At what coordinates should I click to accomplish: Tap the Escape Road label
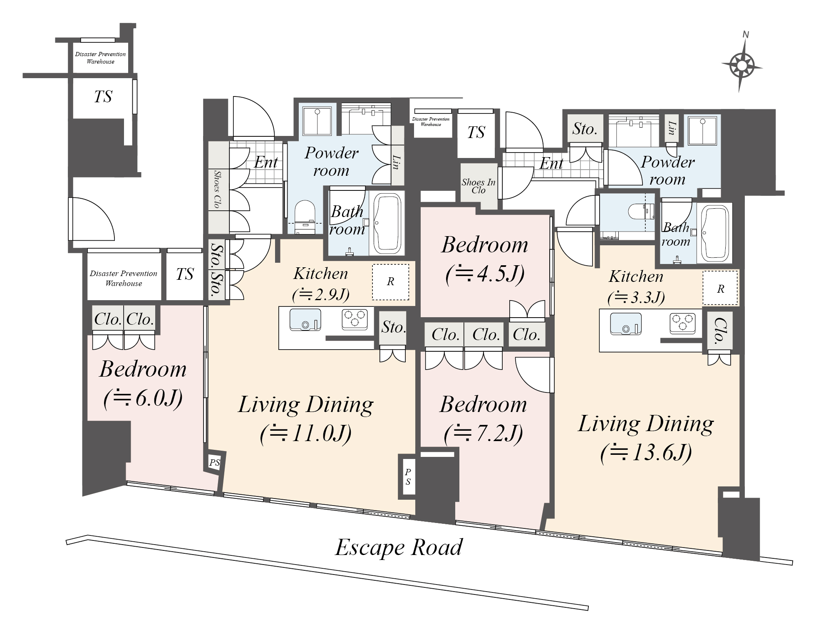point(399,547)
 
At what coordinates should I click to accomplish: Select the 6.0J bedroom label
point(143,384)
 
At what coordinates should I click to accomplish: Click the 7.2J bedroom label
point(483,419)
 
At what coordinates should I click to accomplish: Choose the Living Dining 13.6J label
point(646,438)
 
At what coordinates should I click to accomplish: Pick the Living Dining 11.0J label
point(306,419)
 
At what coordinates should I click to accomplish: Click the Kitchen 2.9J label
point(320,284)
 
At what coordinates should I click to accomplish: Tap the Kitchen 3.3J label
point(636,287)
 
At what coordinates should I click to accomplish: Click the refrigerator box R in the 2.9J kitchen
point(390,282)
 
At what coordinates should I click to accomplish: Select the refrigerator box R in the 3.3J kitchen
point(720,288)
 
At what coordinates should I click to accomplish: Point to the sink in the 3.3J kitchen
point(626,324)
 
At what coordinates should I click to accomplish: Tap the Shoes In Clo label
point(479,186)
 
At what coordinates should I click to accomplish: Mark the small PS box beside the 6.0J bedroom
point(215,462)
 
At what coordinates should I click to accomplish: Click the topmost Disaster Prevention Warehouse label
point(100,58)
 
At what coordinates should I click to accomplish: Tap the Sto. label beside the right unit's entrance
point(585,129)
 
